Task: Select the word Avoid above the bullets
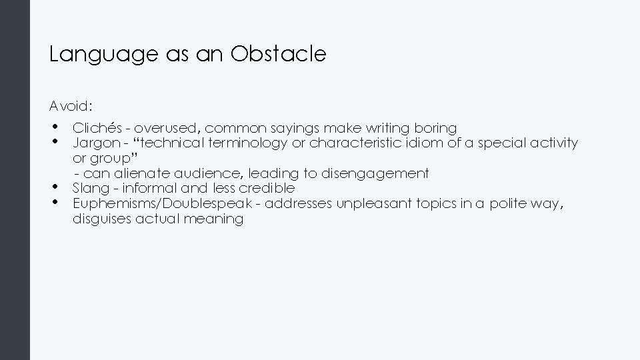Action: coord(70,106)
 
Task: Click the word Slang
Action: coord(91,188)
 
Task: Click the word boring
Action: coord(435,127)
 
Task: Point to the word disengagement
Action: coord(375,173)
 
